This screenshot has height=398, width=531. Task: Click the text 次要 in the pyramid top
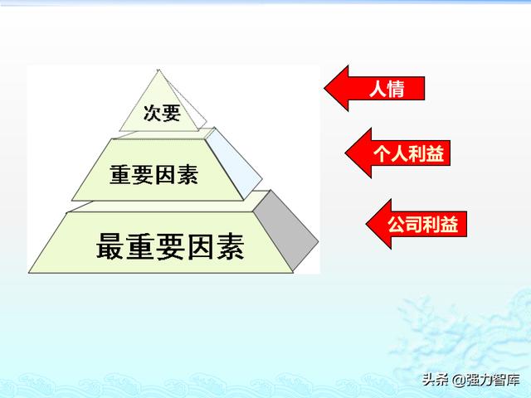162,113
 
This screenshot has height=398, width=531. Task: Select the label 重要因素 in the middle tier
154,175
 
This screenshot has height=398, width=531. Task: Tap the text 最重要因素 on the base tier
170,246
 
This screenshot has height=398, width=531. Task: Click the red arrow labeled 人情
374,89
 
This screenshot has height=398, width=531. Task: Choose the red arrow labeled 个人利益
397,153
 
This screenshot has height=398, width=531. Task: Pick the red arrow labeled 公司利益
417,224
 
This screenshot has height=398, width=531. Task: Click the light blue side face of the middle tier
234,163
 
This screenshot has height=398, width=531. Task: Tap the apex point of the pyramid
158,70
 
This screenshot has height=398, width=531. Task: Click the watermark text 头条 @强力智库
470,380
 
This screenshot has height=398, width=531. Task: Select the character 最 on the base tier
110,246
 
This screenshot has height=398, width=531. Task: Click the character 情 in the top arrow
396,89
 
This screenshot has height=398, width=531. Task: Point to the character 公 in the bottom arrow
397,224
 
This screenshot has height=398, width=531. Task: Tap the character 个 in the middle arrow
382,153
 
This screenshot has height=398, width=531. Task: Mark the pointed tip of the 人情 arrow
324,89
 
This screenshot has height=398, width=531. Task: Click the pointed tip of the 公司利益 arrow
367,224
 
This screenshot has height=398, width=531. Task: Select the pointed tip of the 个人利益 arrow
345,153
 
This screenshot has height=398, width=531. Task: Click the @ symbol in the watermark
459,380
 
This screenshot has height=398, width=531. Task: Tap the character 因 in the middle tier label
165,175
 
